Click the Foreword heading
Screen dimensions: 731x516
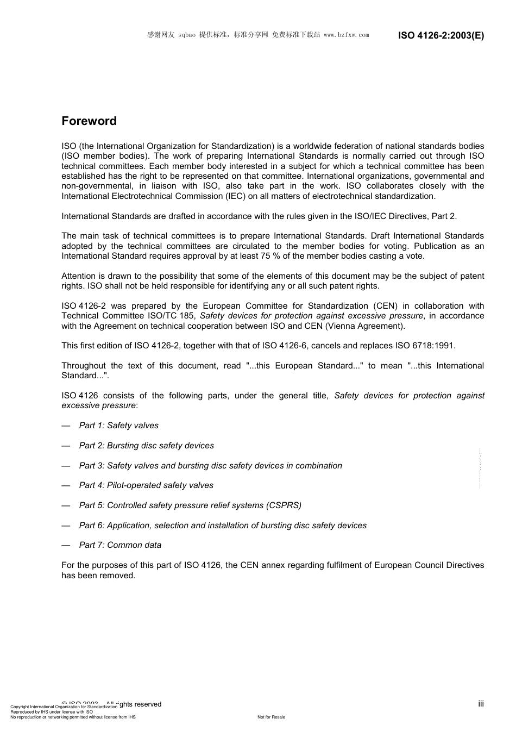(x=89, y=121)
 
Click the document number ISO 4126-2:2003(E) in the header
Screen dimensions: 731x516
(x=441, y=35)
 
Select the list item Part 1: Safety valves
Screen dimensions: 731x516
(x=118, y=426)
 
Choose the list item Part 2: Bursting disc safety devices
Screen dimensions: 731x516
(x=146, y=446)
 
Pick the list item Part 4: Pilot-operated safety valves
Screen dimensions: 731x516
(x=146, y=485)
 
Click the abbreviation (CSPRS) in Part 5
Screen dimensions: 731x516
(x=284, y=505)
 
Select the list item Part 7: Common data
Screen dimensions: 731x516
(x=120, y=545)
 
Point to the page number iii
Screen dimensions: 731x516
(x=481, y=704)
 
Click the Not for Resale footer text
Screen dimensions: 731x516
(x=271, y=717)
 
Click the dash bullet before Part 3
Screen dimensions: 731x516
(x=66, y=466)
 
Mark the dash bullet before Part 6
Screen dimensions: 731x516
(x=66, y=526)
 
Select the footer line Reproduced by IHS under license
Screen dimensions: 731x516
(x=52, y=712)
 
